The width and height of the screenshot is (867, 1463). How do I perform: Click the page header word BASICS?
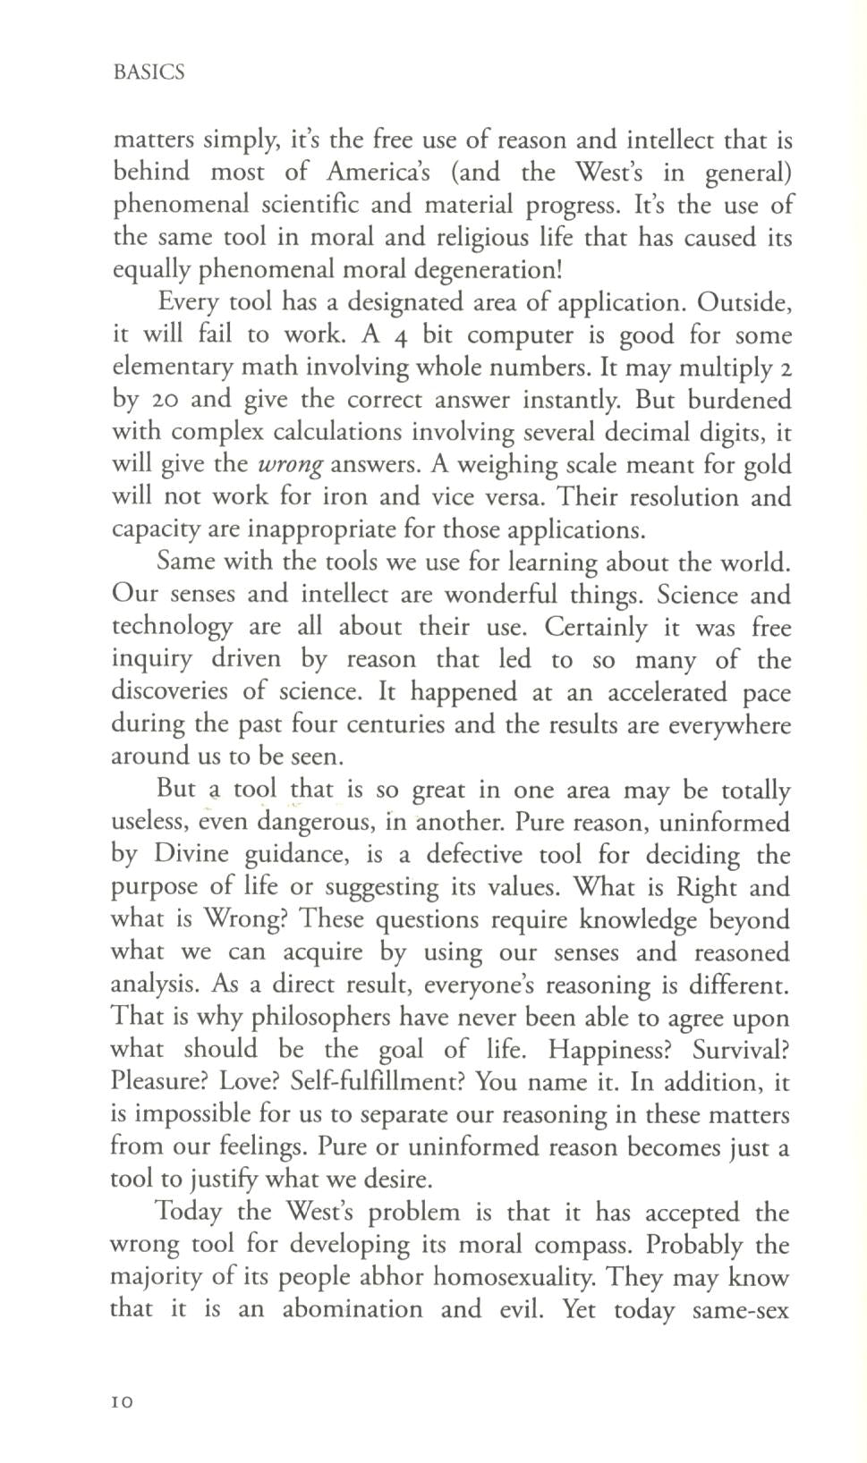pos(149,72)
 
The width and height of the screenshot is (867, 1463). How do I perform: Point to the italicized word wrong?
pos(290,465)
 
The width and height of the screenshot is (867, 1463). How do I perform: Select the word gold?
pos(766,464)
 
